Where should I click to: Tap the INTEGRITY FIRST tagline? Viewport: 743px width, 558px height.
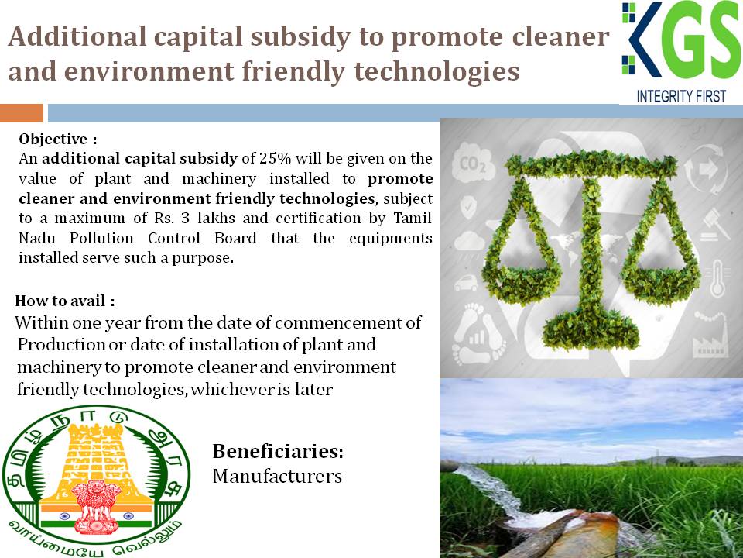681,96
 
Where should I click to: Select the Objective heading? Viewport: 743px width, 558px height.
58,139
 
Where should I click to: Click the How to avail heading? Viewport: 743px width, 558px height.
65,301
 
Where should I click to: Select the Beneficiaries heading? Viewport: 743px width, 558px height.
278,451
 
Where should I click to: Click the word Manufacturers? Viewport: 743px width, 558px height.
277,476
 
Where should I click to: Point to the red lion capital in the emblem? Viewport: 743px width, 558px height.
96,506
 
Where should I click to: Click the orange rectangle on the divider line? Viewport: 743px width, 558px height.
22,113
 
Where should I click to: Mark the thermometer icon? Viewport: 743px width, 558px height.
717,278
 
